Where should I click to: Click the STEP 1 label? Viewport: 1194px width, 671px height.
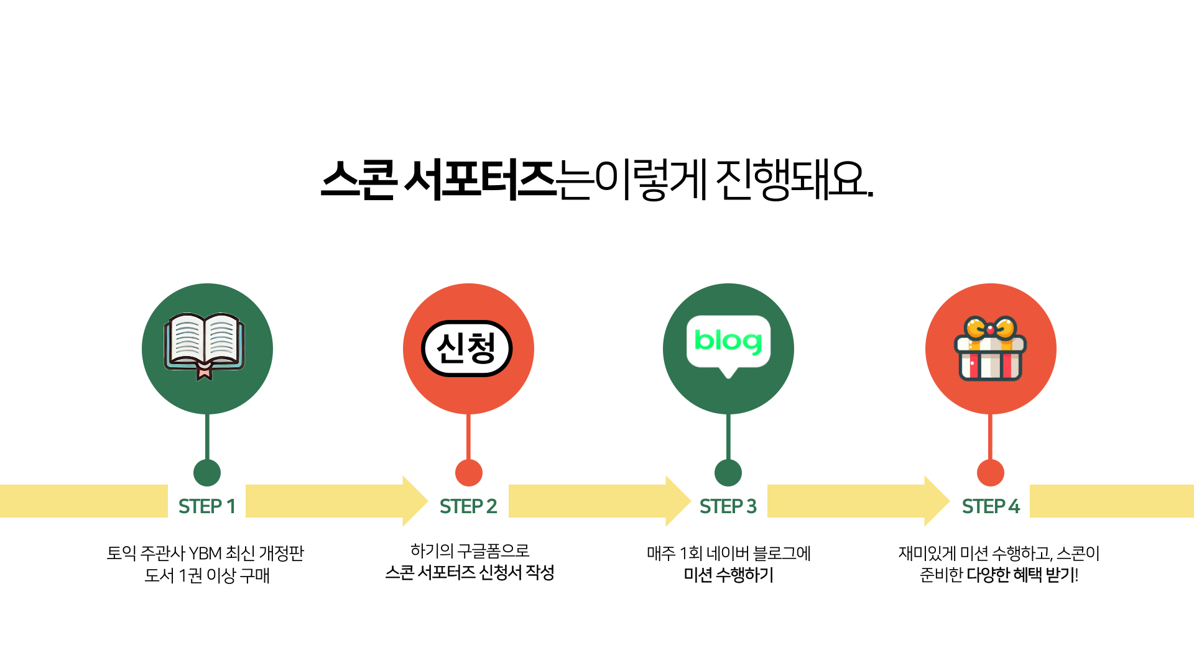tap(207, 506)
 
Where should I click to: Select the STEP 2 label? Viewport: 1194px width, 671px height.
tap(468, 506)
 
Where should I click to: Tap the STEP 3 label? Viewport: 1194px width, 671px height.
tap(728, 506)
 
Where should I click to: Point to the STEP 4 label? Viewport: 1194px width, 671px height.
tap(991, 506)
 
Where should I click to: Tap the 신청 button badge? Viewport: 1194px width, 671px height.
tap(467, 349)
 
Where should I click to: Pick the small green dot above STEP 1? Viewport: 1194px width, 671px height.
tap(207, 473)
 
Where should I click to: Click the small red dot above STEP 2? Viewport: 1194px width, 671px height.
tap(469, 473)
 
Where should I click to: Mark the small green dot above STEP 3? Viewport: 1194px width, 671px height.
tap(728, 473)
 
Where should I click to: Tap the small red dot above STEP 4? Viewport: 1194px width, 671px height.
tap(991, 473)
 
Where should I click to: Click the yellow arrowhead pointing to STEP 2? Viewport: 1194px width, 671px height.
tap(415, 501)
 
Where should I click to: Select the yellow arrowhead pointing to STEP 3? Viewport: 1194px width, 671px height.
tap(678, 501)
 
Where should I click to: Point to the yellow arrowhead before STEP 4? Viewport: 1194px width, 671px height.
tap(937, 501)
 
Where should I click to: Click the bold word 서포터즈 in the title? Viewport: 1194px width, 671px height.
tap(480, 180)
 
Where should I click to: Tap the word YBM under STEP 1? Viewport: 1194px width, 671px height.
tap(205, 553)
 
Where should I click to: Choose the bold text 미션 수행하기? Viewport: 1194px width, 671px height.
tap(728, 575)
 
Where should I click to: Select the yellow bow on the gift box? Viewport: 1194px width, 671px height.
tap(990, 327)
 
